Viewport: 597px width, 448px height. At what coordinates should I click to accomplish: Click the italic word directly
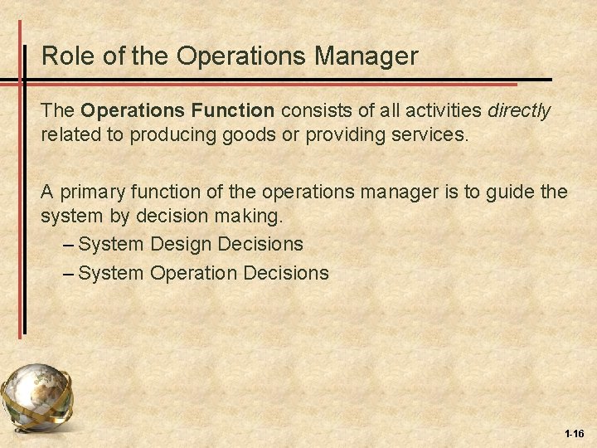click(x=519, y=111)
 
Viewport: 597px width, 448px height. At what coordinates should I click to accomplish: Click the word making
click(x=253, y=216)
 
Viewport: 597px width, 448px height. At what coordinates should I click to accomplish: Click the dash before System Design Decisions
click(x=70, y=245)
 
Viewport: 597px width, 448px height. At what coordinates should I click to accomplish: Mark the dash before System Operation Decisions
click(x=70, y=272)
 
